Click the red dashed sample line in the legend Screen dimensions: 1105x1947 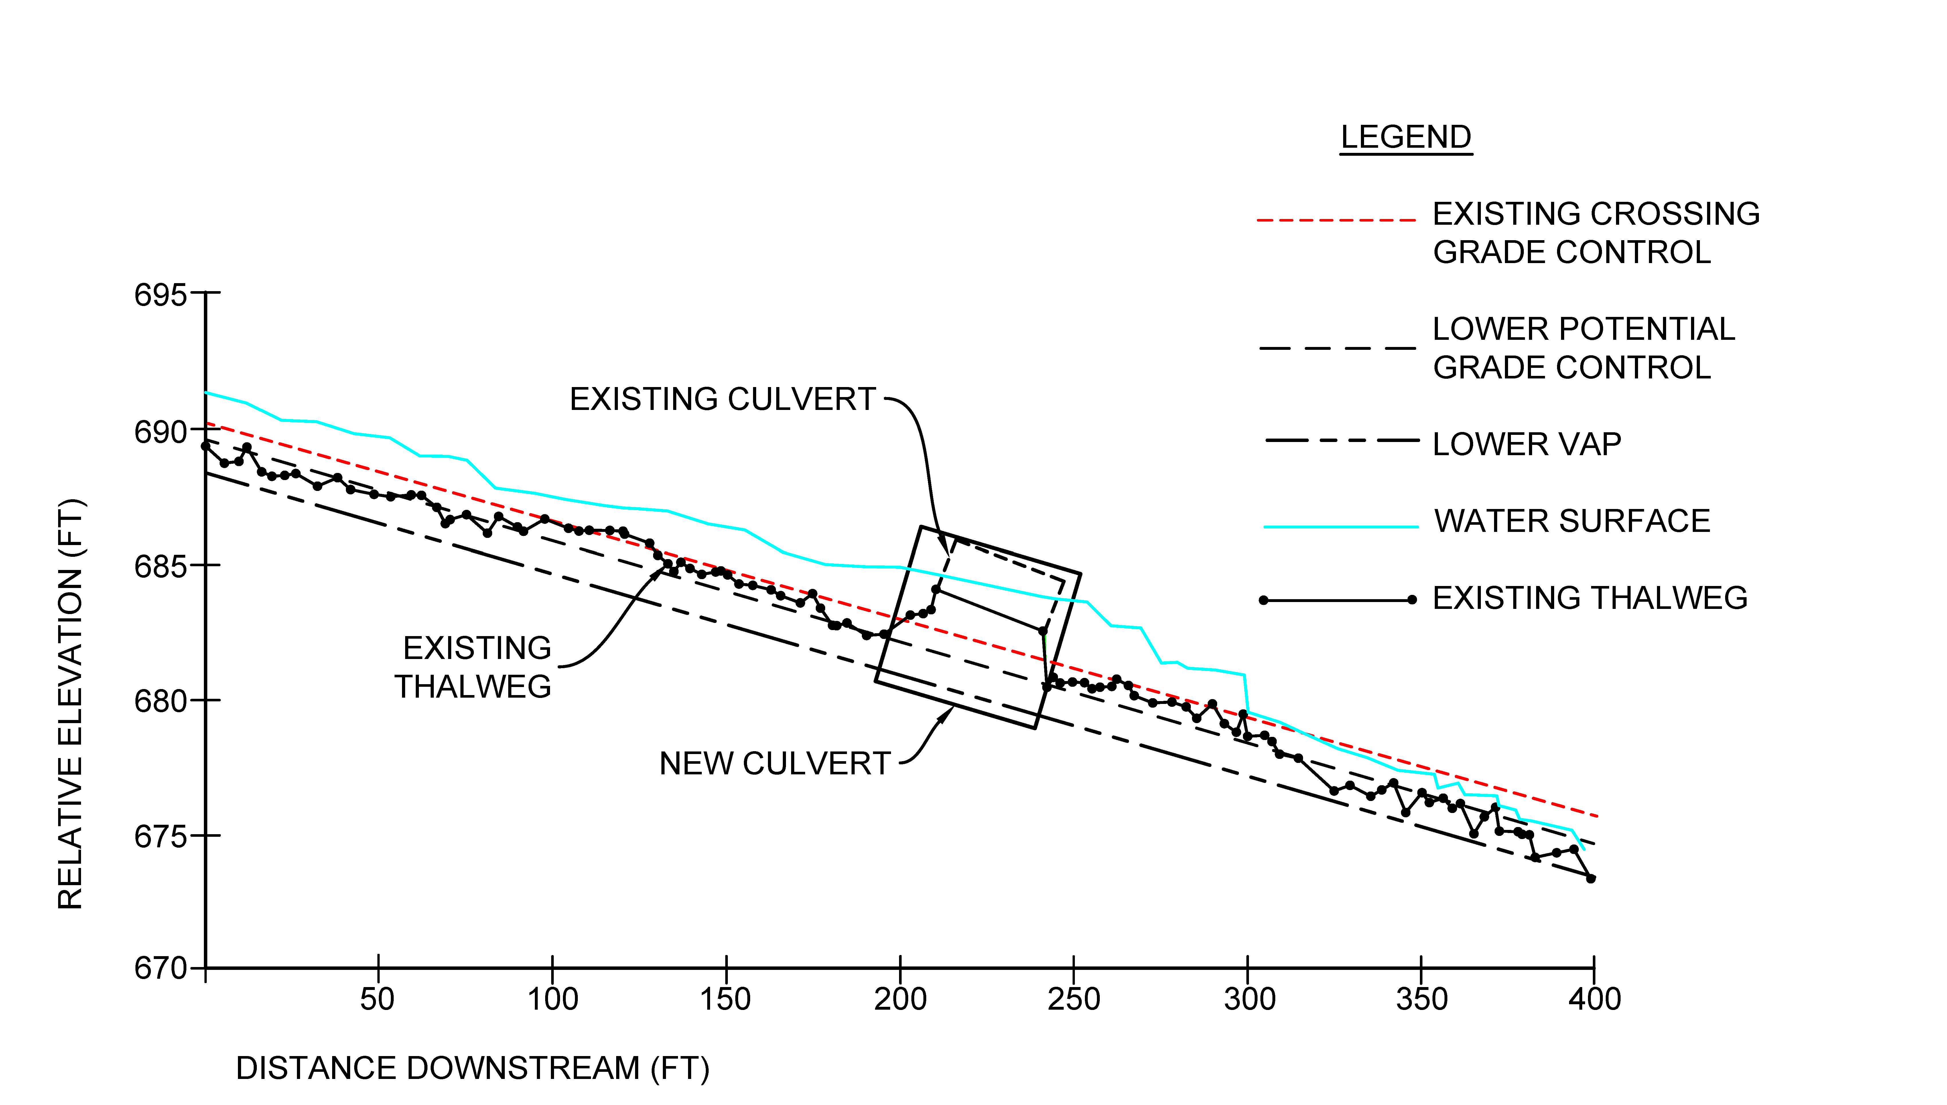pos(1336,220)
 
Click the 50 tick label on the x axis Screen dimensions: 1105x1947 pos(377,999)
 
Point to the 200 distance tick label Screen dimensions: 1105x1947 pos(900,999)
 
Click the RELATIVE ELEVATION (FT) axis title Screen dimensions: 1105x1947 pos(71,704)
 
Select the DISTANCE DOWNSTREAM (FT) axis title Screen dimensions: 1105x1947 pos(472,1069)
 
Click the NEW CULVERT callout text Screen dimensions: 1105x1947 pos(774,763)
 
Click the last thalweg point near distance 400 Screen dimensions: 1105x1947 pos(1591,879)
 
